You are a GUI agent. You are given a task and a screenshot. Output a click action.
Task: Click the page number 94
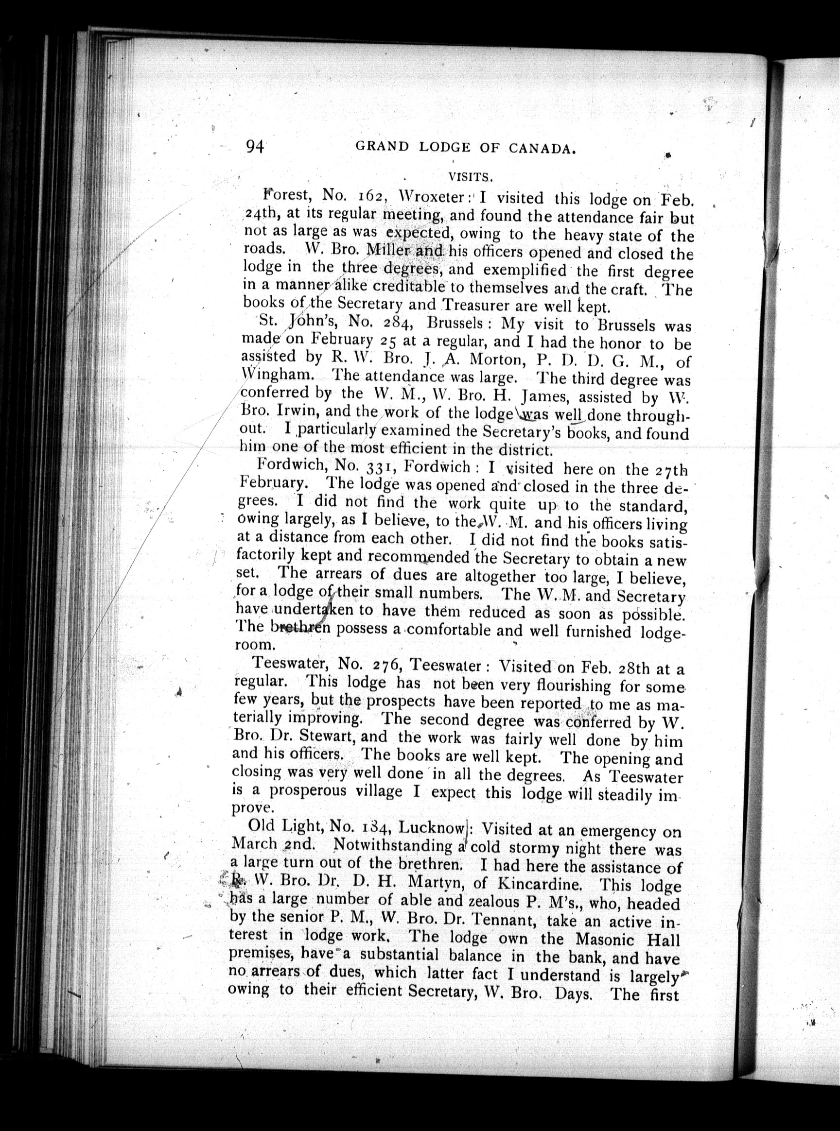(x=255, y=146)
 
